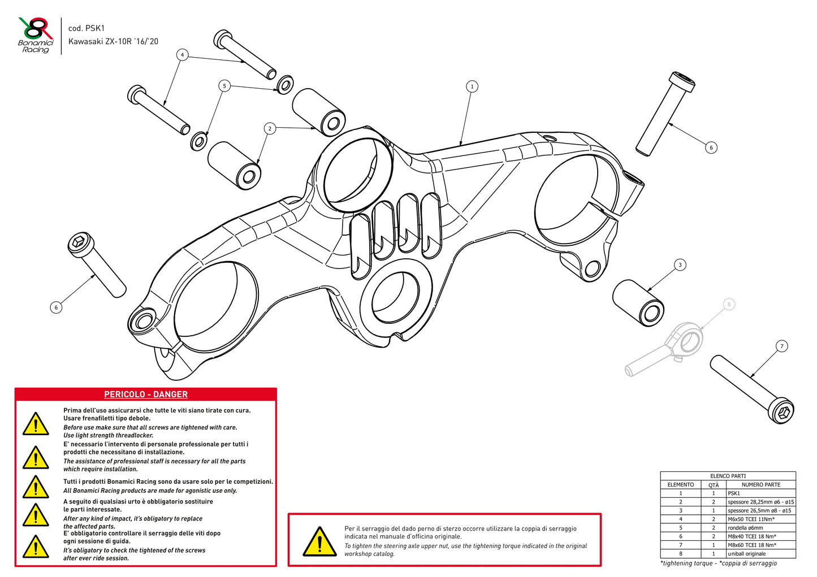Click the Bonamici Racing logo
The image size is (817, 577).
point(35,36)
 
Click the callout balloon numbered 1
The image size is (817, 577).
point(472,86)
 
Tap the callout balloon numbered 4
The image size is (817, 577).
point(182,55)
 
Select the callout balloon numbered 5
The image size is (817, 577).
point(224,86)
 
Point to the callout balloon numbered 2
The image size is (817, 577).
point(270,128)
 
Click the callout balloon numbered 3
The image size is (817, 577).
point(680,264)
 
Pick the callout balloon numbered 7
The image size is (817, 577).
point(782,346)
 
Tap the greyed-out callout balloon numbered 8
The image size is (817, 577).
point(729,305)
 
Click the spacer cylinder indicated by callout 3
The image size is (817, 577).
point(638,302)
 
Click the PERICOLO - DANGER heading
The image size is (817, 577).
point(146,394)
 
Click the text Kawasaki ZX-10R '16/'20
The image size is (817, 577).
point(113,41)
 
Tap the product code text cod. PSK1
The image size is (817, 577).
point(87,28)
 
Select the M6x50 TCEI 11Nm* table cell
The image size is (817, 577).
point(751,519)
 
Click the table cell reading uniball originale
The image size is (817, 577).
point(746,554)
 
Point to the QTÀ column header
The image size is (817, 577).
point(714,485)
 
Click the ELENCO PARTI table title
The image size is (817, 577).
point(728,476)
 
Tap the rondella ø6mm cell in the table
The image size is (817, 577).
point(745,528)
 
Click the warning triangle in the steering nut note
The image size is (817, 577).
point(319,541)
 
